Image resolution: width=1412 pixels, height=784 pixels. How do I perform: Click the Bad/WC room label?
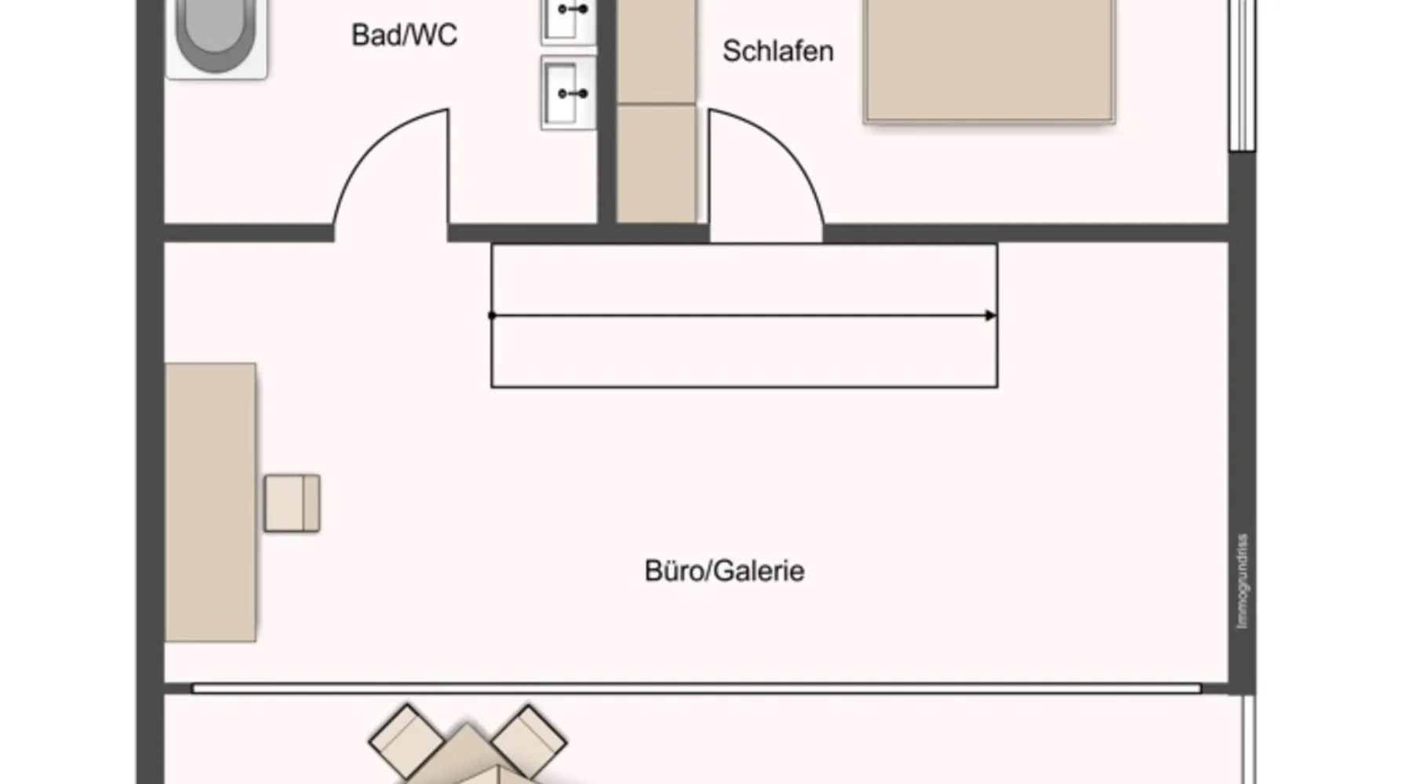click(404, 35)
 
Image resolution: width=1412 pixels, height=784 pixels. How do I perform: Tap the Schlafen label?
click(777, 52)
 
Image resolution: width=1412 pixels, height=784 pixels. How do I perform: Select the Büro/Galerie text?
click(724, 571)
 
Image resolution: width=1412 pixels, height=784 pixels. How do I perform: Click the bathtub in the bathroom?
click(216, 35)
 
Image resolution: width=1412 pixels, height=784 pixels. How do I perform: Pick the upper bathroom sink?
click(569, 20)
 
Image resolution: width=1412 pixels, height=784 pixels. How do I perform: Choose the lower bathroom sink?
click(569, 93)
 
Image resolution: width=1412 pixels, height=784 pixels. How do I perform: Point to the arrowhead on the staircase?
click(991, 315)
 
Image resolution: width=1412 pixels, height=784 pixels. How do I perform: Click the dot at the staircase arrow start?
click(492, 315)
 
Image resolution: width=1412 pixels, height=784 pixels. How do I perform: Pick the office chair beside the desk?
click(292, 503)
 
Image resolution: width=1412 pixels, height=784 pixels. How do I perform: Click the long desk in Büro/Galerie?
click(210, 502)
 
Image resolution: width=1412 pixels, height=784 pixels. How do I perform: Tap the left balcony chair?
click(406, 740)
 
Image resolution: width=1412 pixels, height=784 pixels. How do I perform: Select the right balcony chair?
click(529, 740)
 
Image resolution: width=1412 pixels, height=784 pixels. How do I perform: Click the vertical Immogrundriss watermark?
click(1242, 580)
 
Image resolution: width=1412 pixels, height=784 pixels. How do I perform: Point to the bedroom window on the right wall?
click(1242, 74)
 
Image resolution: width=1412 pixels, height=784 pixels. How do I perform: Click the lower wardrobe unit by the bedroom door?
click(656, 165)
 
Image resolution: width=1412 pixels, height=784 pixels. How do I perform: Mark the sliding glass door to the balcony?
click(697, 688)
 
